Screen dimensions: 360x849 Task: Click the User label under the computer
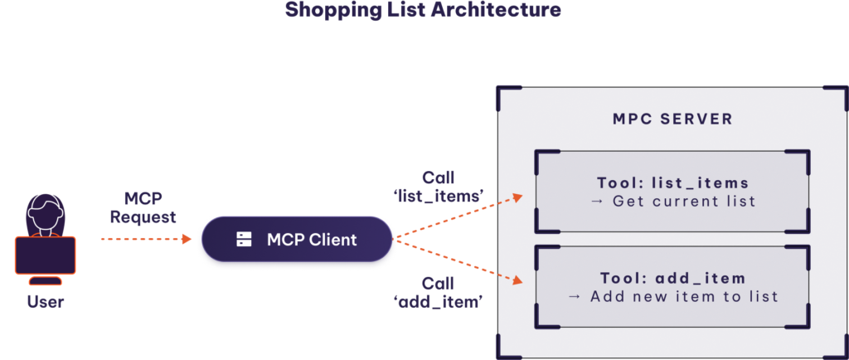tap(45, 303)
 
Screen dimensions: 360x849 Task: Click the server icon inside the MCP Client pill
tap(244, 240)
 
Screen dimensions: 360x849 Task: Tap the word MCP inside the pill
tap(285, 240)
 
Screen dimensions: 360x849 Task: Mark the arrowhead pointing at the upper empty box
tap(517, 197)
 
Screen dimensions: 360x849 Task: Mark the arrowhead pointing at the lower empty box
tap(517, 281)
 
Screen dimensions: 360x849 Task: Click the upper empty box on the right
tap(672, 192)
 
